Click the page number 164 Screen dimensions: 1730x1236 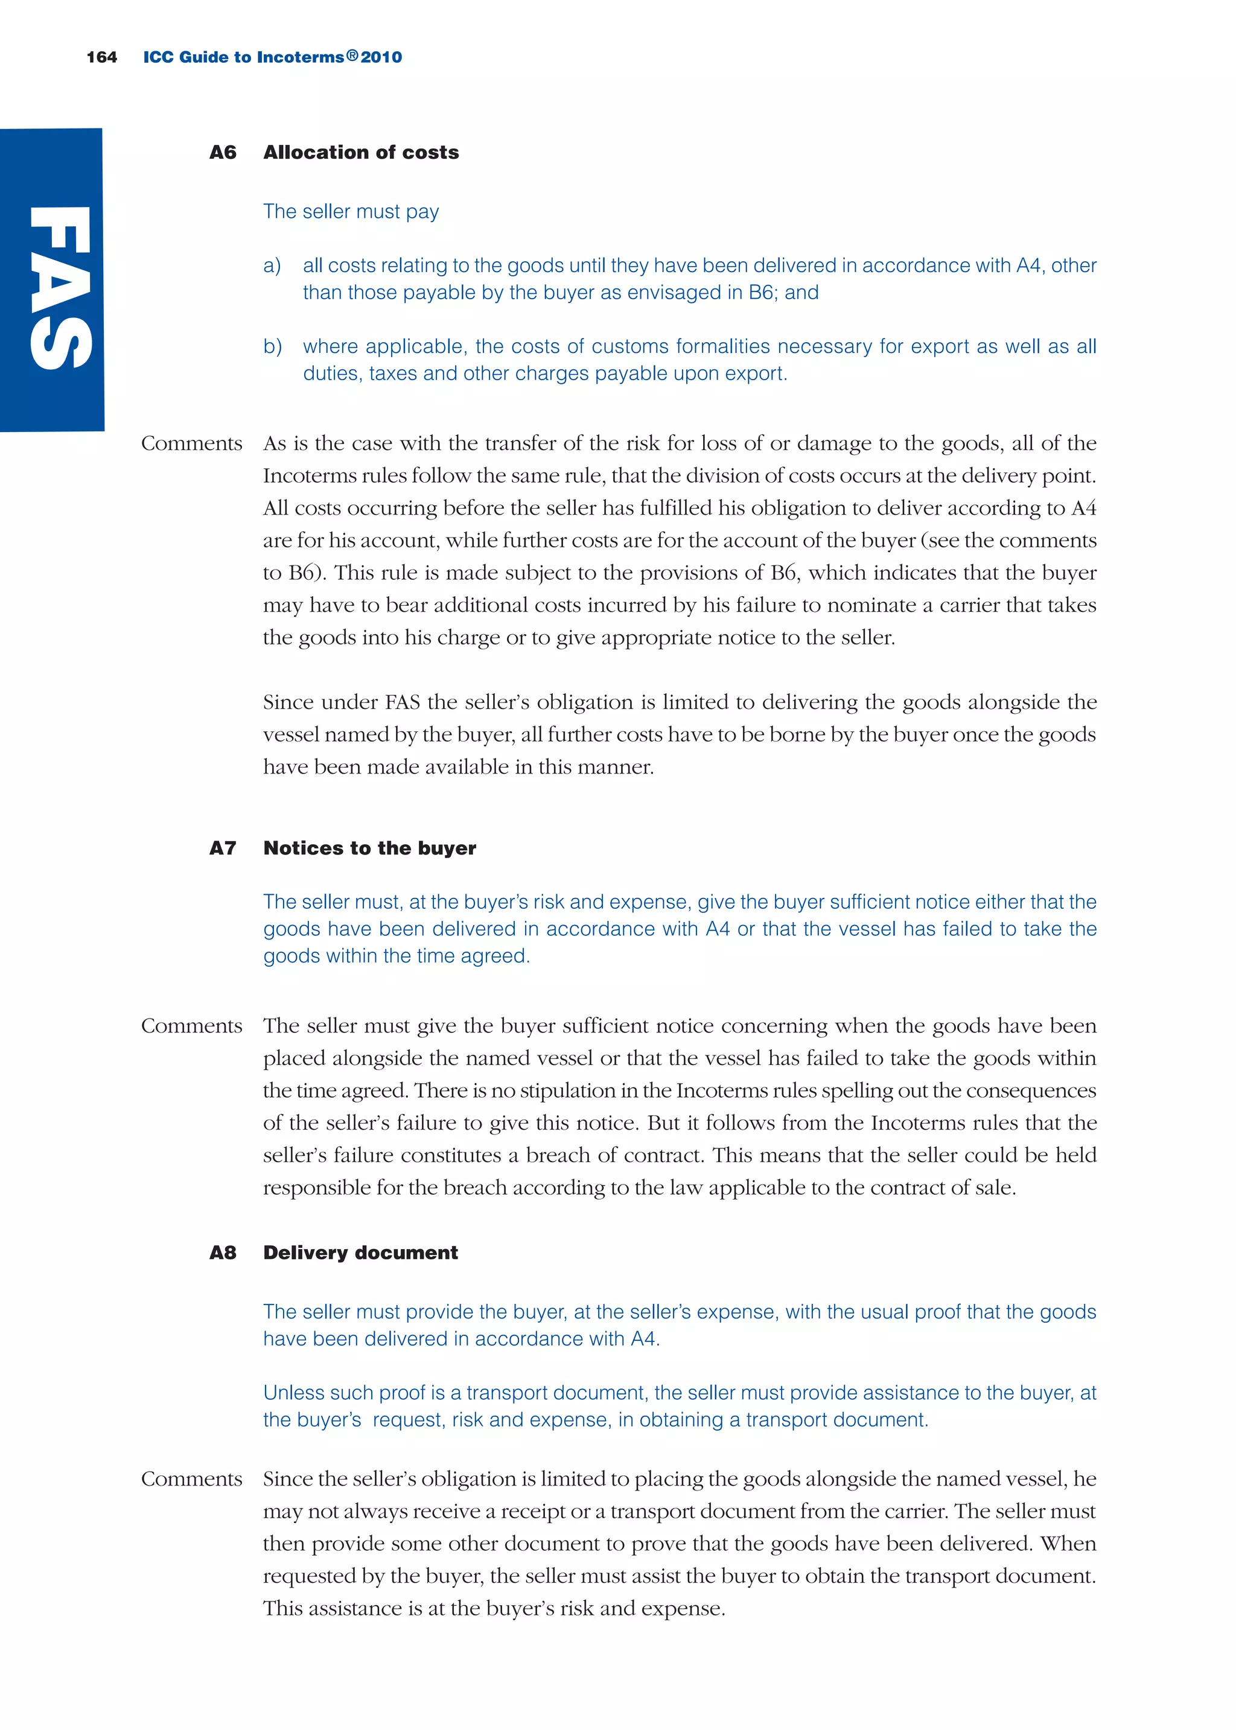[x=101, y=57]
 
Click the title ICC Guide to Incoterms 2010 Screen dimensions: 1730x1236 [x=272, y=57]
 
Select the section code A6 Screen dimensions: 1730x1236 [x=222, y=152]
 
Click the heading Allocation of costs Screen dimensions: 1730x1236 [x=361, y=152]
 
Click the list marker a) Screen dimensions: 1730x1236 [x=272, y=266]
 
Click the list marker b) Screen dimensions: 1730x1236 [x=272, y=346]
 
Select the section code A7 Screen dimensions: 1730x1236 [x=222, y=848]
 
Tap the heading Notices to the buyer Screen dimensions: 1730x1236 [x=369, y=848]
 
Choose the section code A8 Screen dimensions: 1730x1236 [x=222, y=1252]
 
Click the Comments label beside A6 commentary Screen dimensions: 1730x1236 [x=191, y=444]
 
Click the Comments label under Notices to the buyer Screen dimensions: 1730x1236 [x=191, y=1026]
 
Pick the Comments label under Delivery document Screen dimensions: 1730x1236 [x=191, y=1479]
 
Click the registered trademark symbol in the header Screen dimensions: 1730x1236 [x=352, y=55]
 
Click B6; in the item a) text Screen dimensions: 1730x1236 [x=763, y=293]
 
